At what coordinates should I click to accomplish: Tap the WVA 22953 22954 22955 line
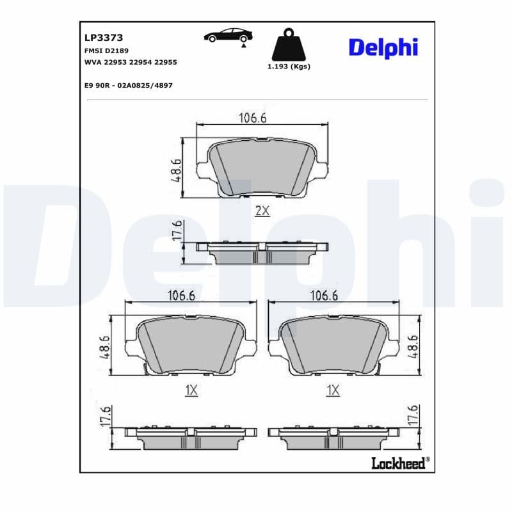coord(131,62)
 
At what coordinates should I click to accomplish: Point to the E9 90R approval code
coord(128,85)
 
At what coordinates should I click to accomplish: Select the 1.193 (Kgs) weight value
coord(287,67)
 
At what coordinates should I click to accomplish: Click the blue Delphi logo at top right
coord(383,47)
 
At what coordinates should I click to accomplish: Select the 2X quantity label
coord(262,211)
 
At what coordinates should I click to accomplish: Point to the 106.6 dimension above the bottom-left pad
coord(182,295)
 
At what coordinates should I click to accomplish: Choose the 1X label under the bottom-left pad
coord(191,390)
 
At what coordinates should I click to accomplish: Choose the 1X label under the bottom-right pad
coord(332,390)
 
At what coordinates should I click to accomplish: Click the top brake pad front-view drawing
coord(262,168)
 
